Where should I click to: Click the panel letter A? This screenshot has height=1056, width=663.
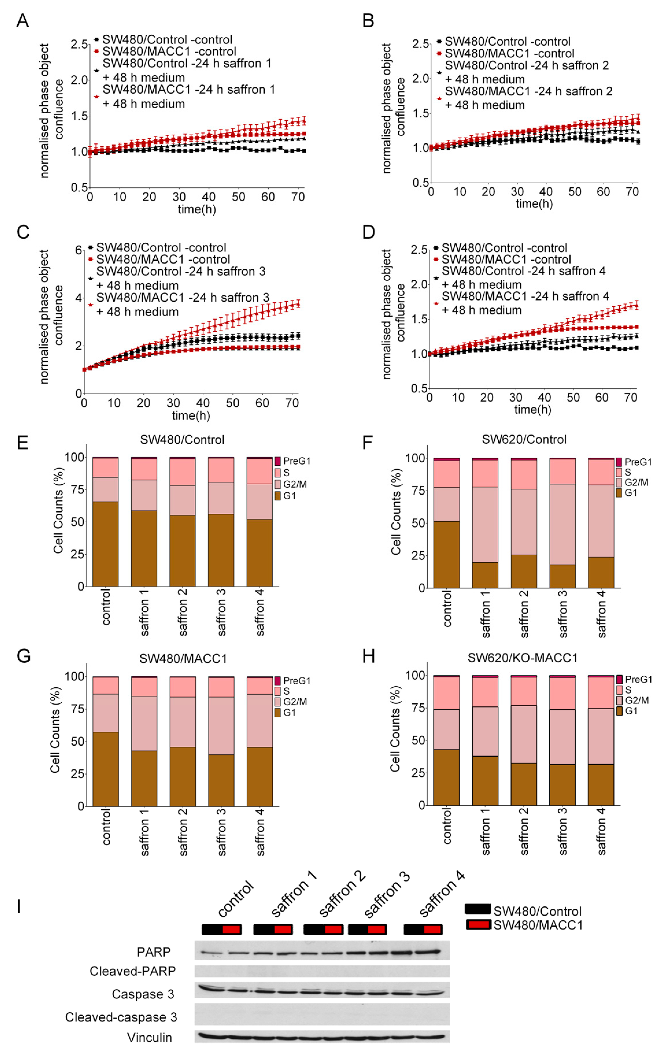click(x=23, y=21)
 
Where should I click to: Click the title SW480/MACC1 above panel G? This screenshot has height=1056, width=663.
click(x=183, y=659)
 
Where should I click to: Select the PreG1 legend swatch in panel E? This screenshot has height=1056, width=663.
click(x=277, y=461)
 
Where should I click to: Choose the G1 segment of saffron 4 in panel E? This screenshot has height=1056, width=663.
click(x=260, y=553)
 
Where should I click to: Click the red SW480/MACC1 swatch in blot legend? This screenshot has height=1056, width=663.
click(x=478, y=925)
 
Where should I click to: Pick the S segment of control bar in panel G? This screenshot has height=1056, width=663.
click(x=106, y=685)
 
